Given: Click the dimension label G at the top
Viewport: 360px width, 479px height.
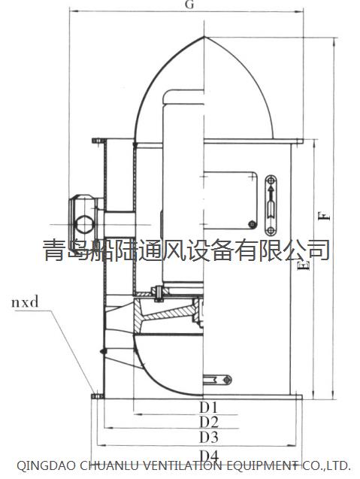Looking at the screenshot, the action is (189, 5).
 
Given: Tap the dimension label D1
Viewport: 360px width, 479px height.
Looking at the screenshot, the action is (209, 407).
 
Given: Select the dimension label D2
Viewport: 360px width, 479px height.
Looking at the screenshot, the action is (209, 422).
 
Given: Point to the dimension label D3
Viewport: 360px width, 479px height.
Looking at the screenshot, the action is (209, 437).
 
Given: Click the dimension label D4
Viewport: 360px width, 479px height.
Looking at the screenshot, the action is (209, 456).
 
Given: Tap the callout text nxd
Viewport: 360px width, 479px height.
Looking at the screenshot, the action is (25, 302).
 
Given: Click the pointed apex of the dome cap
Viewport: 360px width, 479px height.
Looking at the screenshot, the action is (204, 37).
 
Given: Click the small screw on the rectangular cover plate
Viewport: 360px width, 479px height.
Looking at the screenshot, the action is (252, 225).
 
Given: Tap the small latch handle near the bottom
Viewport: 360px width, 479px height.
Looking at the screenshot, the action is (217, 380).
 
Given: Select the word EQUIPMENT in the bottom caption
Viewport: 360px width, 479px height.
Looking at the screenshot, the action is (262, 465).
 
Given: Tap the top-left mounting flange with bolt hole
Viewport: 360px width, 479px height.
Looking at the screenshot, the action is (99, 141).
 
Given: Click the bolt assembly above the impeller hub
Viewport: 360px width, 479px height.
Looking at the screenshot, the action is (159, 293).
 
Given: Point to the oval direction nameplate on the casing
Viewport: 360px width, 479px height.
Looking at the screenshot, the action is (271, 205).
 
